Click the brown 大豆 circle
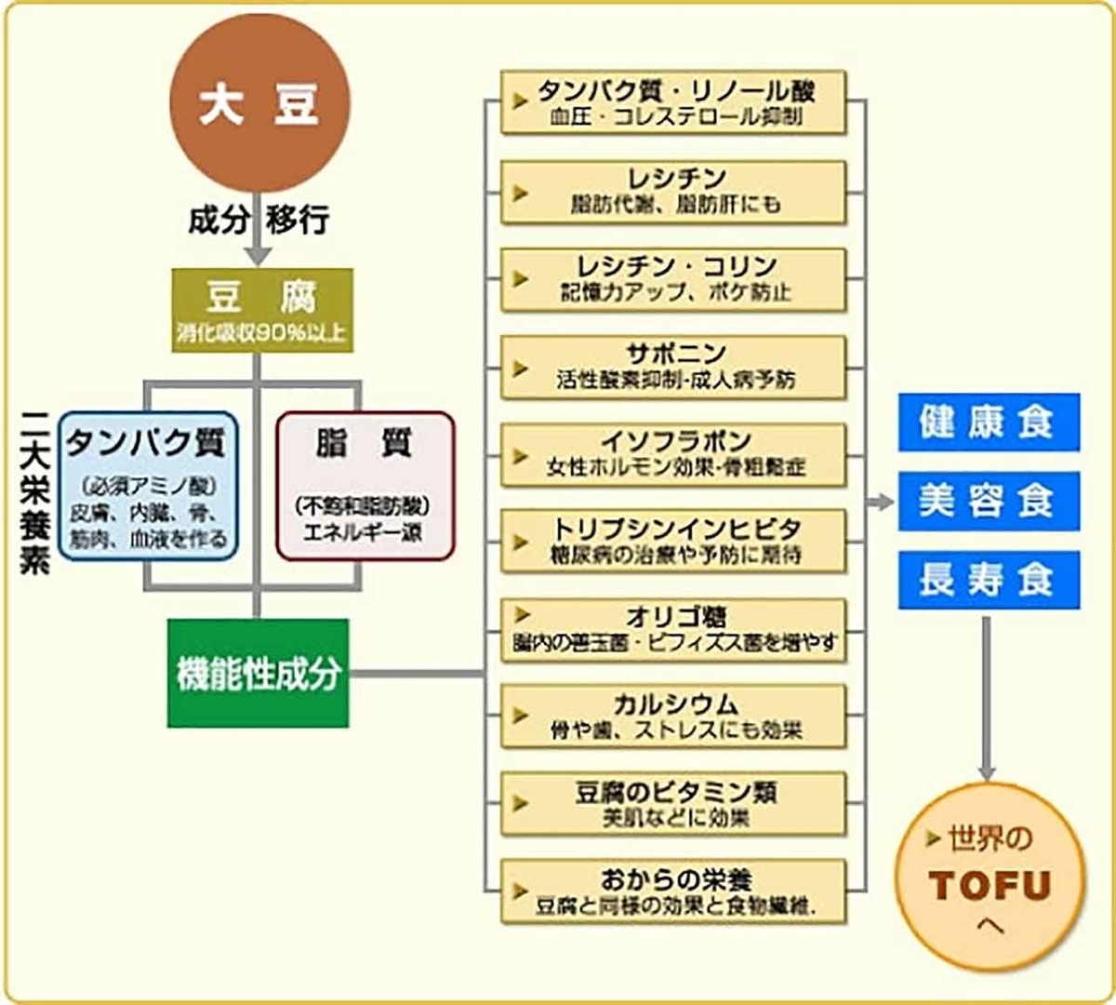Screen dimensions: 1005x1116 [259, 103]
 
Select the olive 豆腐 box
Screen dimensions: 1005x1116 [262, 310]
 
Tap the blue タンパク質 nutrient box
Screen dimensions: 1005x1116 [148, 486]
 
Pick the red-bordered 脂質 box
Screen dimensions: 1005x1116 [365, 486]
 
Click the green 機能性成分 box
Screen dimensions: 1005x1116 [259, 673]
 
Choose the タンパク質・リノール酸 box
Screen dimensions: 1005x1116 [673, 102]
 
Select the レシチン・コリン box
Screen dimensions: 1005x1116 [673, 278]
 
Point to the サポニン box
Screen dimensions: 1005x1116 [673, 366]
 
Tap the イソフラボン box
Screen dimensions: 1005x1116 [673, 454]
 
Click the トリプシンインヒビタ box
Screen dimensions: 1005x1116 [673, 541]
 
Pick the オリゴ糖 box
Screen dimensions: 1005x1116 [673, 629]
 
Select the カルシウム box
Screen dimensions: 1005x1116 [673, 717]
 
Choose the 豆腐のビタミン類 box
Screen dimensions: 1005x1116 [673, 804]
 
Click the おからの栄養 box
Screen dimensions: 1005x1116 [673, 891]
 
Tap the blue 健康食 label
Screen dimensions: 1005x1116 [989, 422]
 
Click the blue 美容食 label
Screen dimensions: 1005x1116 [989, 501]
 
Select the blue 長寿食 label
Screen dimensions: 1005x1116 [989, 580]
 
